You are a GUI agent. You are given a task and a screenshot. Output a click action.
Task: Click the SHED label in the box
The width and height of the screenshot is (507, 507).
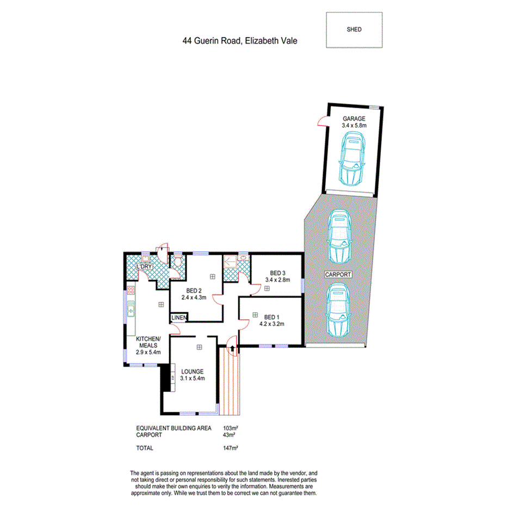[354, 30]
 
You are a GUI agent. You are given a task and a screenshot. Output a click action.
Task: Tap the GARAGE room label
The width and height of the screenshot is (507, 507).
[354, 119]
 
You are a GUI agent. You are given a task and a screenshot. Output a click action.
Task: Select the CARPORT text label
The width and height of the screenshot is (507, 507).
[338, 275]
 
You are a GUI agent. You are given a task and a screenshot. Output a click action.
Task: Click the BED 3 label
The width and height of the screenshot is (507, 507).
[277, 273]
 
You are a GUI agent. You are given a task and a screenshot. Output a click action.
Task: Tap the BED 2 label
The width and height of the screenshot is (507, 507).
[195, 290]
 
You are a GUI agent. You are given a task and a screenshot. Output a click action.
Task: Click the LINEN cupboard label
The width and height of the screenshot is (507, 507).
[180, 318]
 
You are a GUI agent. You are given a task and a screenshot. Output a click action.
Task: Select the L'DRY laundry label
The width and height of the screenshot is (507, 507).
[145, 267]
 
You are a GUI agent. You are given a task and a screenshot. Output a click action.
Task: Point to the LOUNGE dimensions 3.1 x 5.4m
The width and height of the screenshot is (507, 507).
[193, 379]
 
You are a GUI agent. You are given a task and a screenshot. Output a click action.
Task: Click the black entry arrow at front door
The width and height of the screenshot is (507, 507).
[233, 348]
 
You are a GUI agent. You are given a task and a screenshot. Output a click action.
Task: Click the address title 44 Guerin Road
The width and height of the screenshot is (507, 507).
[240, 41]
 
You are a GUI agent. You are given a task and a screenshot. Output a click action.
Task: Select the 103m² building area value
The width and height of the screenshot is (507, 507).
[231, 428]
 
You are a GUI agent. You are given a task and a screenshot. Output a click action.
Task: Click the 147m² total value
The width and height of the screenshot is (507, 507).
[231, 448]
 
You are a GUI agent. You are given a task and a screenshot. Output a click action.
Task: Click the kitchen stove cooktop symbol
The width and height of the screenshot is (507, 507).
[131, 292]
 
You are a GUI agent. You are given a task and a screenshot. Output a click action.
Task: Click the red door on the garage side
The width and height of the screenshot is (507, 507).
[322, 122]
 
